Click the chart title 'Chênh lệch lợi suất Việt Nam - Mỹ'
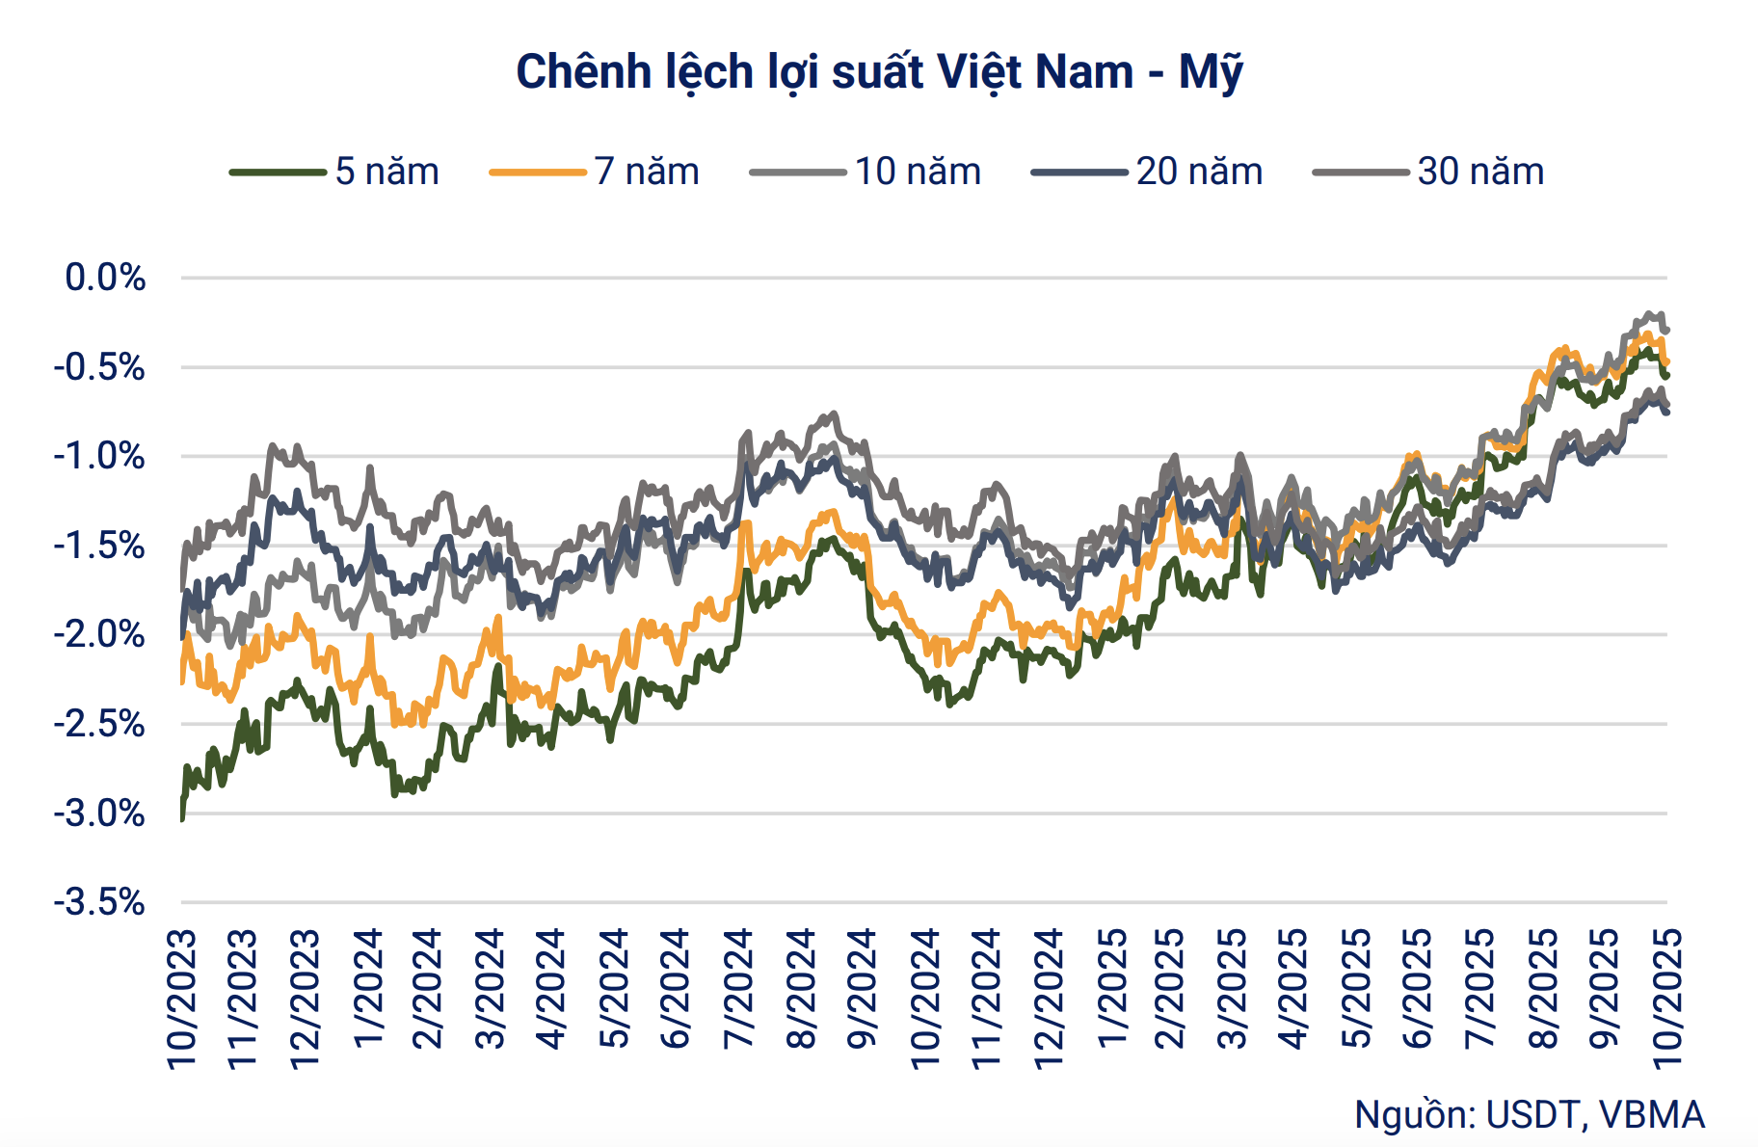(x=879, y=72)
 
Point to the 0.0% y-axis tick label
(x=105, y=278)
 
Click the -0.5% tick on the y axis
(x=99, y=367)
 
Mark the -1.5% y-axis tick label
(x=99, y=546)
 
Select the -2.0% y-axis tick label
(x=99, y=634)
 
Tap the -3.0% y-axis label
(x=99, y=814)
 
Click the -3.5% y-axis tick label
(x=99, y=902)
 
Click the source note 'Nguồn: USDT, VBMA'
(x=1529, y=1114)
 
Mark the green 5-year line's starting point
(x=182, y=817)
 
